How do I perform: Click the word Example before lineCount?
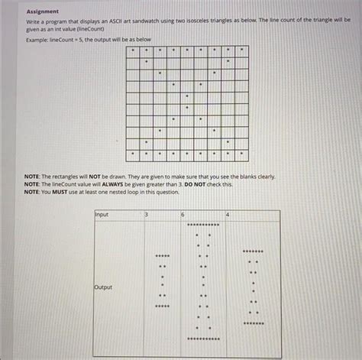[x=37, y=37]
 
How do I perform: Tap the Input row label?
[x=102, y=215]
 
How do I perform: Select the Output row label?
[x=103, y=287]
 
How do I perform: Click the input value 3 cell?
[x=146, y=215]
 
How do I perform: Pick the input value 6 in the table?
[x=183, y=215]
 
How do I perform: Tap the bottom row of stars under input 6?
[x=203, y=339]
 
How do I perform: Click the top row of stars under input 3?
[x=162, y=256]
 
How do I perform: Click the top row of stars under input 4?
[x=254, y=250]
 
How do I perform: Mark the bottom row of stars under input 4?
[x=254, y=323]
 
